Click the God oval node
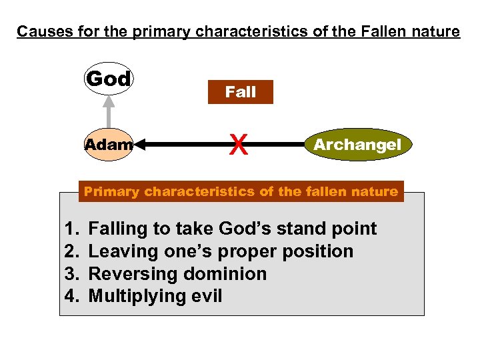coord(108,79)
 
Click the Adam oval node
coord(108,144)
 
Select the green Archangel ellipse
coord(357,144)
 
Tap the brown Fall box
coord(241,92)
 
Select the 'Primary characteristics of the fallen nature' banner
coord(241,191)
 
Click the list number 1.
coord(72,229)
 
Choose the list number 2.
coord(72,251)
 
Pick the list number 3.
coord(72,274)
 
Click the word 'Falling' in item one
coord(117,229)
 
